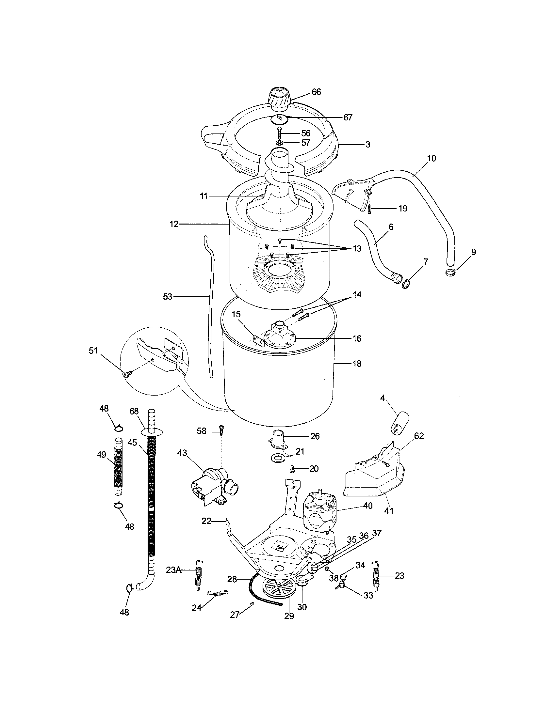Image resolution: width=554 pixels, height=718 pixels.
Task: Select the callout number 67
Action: [x=348, y=117]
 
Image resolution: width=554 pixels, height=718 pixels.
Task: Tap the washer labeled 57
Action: [x=280, y=143]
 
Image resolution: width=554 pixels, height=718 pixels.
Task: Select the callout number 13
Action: [x=357, y=249]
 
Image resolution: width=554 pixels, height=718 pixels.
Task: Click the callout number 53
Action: [x=168, y=297]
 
